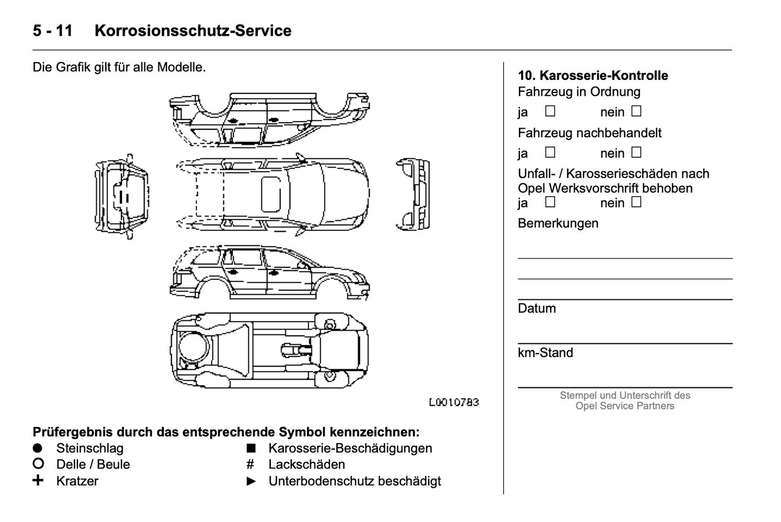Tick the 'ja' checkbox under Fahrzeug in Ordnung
[550, 111]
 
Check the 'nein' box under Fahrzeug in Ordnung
[636, 111]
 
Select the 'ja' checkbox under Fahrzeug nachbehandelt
[550, 152]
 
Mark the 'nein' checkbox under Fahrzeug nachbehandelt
[636, 152]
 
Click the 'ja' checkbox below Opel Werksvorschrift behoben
[550, 202]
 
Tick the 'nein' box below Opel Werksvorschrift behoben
[636, 202]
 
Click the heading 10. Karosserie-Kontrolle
[592, 76]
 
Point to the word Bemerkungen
[558, 223]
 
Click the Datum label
[536, 309]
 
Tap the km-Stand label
[545, 353]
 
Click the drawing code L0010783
[453, 403]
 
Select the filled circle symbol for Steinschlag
[37, 448]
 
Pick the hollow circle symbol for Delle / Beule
[38, 464]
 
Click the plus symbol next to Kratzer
[38, 480]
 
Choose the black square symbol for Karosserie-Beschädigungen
[251, 448]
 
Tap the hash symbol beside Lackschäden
[250, 464]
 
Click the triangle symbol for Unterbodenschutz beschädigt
[251, 481]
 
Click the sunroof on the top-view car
[271, 193]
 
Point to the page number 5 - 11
[52, 31]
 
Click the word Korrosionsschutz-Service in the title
[193, 31]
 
